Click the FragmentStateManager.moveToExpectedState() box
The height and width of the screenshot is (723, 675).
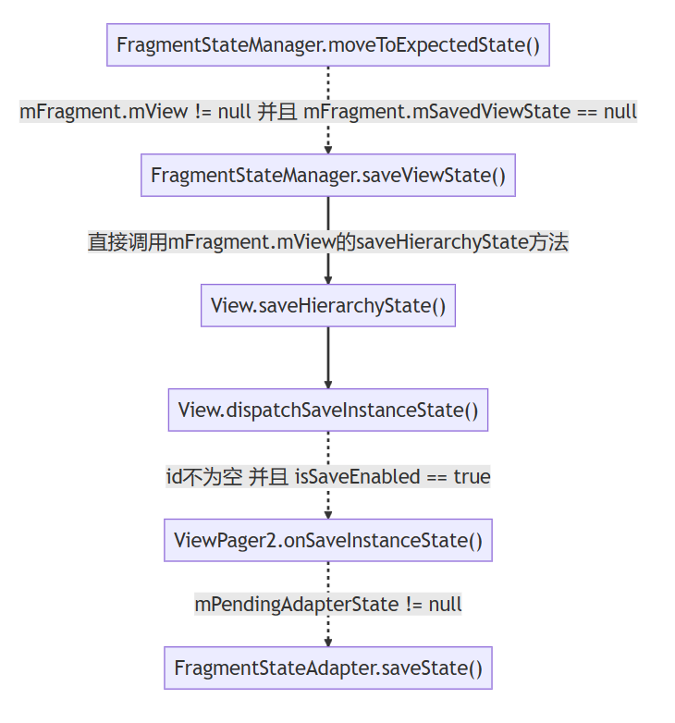328,44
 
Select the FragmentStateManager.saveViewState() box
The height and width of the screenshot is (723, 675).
328,176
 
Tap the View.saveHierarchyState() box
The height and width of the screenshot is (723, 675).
328,306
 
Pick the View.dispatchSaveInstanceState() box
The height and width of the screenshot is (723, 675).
328,410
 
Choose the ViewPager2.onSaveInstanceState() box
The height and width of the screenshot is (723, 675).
328,540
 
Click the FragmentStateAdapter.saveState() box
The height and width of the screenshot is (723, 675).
328,668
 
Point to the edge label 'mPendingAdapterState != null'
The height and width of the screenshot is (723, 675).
328,605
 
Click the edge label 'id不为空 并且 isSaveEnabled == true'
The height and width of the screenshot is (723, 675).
328,477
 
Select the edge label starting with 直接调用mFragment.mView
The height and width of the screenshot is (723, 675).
328,242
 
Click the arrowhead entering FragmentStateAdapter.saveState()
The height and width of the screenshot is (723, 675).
328,643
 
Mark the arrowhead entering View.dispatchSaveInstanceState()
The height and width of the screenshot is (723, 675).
328,385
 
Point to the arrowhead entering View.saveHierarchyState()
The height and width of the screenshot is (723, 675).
328,280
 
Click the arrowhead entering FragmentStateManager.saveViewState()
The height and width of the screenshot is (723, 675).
328,150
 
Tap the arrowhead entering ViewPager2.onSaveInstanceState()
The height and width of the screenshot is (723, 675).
328,514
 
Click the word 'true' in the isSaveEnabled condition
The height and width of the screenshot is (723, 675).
472,477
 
